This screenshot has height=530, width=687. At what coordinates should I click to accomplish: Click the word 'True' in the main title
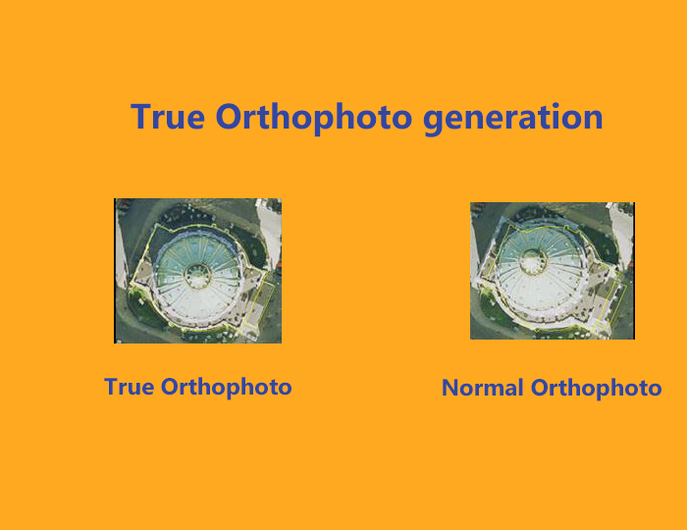pos(168,117)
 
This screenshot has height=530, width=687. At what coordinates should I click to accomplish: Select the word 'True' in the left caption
pos(129,387)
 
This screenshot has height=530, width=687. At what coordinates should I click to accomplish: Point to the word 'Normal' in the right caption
pos(483,388)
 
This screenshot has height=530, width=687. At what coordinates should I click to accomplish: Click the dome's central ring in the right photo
pos(533,261)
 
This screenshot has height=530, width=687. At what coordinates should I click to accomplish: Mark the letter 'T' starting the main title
pos(140,117)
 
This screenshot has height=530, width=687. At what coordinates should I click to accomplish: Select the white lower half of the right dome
pos(540,297)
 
